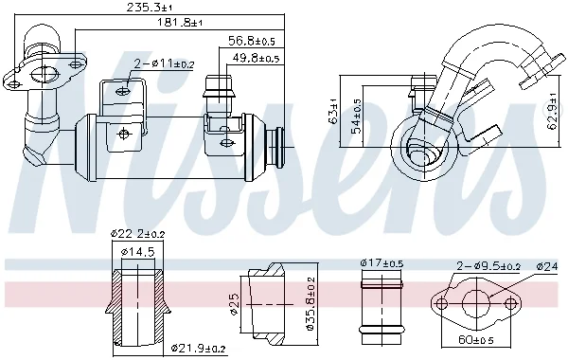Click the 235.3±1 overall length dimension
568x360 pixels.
coord(150,8)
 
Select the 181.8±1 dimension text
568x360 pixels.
coord(179,23)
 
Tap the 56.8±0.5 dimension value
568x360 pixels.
coord(252,41)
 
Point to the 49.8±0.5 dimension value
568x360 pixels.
coord(256,58)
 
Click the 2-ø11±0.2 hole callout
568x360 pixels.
coord(164,64)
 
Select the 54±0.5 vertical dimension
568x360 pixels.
coord(357,116)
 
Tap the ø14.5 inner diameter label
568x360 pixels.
coord(138,251)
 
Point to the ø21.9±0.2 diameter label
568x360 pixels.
coord(198,349)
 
